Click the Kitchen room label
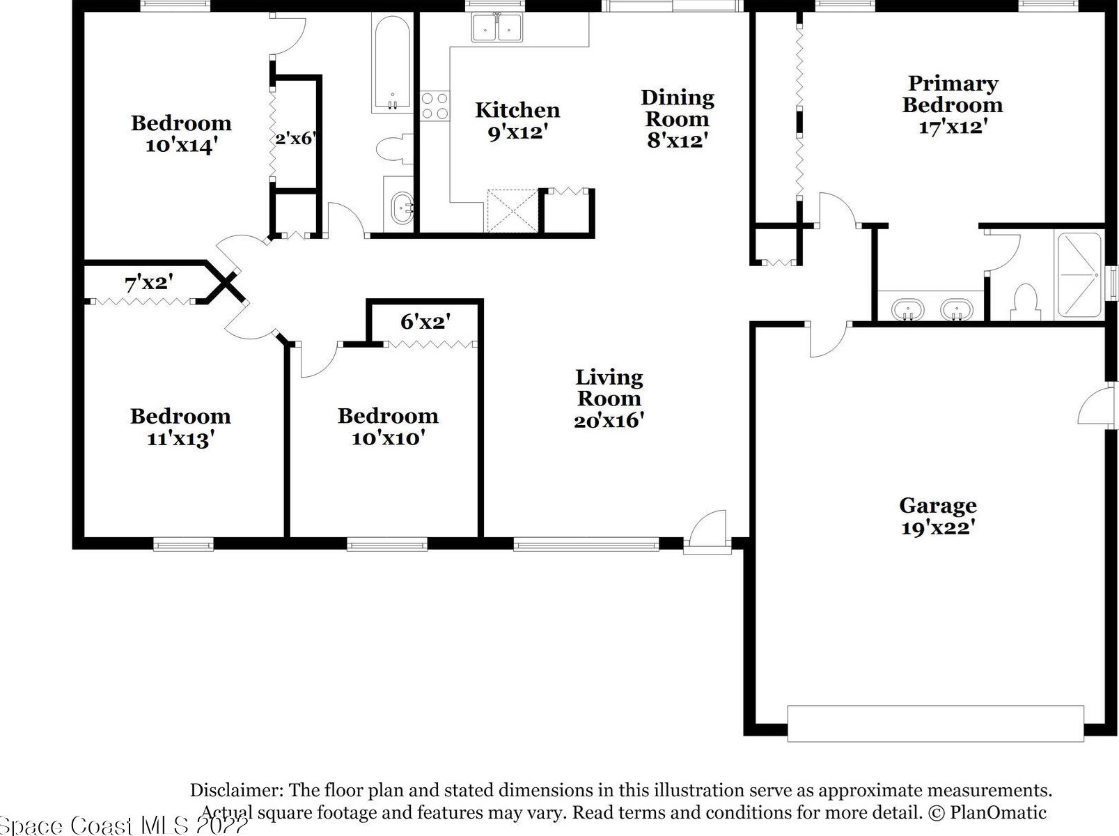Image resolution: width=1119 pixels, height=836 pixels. [x=517, y=110]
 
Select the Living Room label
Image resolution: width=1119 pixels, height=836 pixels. [x=609, y=387]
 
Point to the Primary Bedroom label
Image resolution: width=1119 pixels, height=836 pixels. [x=953, y=94]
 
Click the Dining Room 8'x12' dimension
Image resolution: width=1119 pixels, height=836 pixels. [x=678, y=140]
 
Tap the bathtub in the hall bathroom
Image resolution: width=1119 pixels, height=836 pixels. [x=392, y=63]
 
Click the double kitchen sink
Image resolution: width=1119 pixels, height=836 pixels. [x=497, y=27]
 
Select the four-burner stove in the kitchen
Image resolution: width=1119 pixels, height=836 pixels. [x=435, y=106]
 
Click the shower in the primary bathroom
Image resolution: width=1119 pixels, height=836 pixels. [x=1079, y=275]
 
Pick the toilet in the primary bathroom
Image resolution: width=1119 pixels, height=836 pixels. [x=1025, y=303]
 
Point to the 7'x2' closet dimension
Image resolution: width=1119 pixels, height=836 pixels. [x=149, y=282]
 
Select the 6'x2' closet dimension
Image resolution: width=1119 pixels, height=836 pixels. [x=425, y=321]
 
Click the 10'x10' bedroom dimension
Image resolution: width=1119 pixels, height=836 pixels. [x=389, y=438]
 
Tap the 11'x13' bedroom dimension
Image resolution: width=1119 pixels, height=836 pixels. [x=180, y=439]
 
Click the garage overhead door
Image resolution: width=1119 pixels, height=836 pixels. [x=935, y=723]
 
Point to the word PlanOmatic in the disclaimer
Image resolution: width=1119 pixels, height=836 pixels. [x=998, y=812]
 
